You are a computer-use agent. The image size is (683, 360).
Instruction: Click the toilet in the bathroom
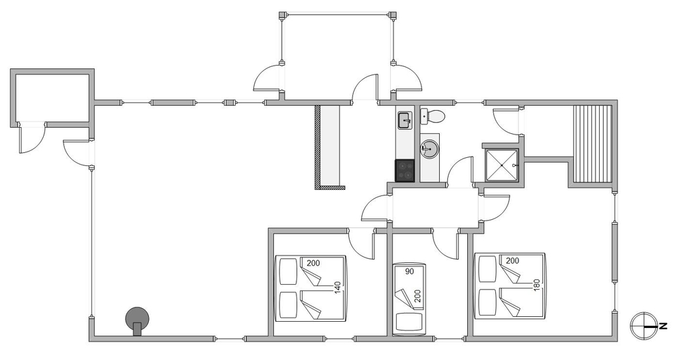(433, 116)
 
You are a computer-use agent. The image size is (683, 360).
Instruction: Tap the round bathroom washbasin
(429, 150)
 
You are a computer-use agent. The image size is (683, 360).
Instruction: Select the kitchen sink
(404, 120)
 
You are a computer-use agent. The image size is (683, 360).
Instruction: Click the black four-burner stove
(405, 170)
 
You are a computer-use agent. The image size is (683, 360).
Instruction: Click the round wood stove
(137, 320)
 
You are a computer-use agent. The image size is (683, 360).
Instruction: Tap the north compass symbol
(643, 326)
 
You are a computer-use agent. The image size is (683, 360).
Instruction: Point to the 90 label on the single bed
(409, 271)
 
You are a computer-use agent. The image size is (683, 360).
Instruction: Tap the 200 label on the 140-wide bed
(313, 263)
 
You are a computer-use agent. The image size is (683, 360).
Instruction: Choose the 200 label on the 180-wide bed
(513, 261)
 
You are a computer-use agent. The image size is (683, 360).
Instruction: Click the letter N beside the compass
(663, 326)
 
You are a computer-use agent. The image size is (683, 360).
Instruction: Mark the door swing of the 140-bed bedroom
(361, 244)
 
